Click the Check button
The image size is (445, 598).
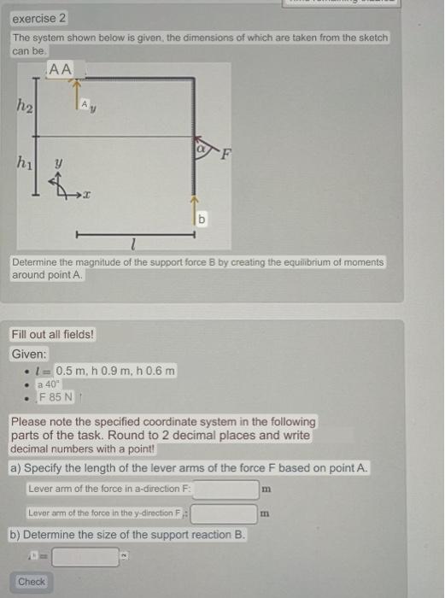[x=32, y=582]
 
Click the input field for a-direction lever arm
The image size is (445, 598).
[x=225, y=490]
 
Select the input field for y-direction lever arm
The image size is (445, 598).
[x=224, y=514]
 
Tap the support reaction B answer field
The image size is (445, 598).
[x=85, y=558]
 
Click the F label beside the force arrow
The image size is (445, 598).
[x=226, y=155]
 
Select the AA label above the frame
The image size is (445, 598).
[x=61, y=68]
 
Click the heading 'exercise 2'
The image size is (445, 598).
[x=38, y=18]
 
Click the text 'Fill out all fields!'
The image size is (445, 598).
[x=52, y=334]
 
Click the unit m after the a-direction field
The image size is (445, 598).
[x=267, y=490]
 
